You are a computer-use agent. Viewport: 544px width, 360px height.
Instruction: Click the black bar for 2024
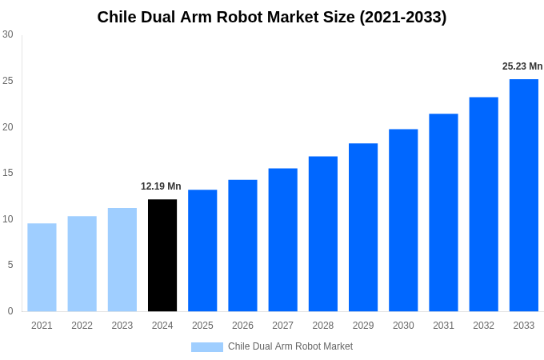pyautogui.click(x=162, y=255)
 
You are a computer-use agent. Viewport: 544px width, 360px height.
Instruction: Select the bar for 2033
pyautogui.click(x=523, y=195)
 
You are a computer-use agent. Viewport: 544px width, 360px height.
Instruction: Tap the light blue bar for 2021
pyautogui.click(x=42, y=267)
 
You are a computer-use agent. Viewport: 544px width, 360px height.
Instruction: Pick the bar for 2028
pyautogui.click(x=323, y=234)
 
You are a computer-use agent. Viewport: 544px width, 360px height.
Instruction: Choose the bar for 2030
pyautogui.click(x=403, y=220)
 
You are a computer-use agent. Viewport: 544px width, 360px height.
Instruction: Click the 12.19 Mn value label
pyautogui.click(x=161, y=186)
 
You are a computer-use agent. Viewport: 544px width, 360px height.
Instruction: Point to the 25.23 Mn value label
pyautogui.click(x=522, y=66)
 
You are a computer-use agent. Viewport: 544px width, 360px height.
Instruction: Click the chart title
pyautogui.click(x=272, y=17)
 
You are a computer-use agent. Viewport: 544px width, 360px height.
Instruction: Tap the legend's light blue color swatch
pyautogui.click(x=206, y=346)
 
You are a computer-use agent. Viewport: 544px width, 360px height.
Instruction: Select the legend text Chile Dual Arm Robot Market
pyautogui.click(x=290, y=346)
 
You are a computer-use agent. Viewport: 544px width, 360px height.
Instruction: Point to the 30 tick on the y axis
pyautogui.click(x=8, y=34)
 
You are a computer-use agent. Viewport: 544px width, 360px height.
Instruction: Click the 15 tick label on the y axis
pyautogui.click(x=8, y=173)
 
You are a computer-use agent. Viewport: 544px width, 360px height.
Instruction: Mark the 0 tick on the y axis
pyautogui.click(x=10, y=311)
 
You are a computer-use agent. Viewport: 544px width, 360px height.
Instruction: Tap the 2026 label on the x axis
pyautogui.click(x=242, y=326)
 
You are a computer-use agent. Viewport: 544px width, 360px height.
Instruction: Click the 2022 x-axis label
pyautogui.click(x=82, y=326)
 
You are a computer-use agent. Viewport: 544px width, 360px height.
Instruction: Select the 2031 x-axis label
pyautogui.click(x=443, y=326)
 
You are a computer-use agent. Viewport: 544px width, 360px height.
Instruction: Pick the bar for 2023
pyautogui.click(x=122, y=260)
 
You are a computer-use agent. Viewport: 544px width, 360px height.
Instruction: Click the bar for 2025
pyautogui.click(x=202, y=250)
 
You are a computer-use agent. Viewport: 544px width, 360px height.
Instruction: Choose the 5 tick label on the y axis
pyautogui.click(x=10, y=265)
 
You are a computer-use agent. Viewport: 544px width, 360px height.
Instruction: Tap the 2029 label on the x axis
pyautogui.click(x=363, y=326)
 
